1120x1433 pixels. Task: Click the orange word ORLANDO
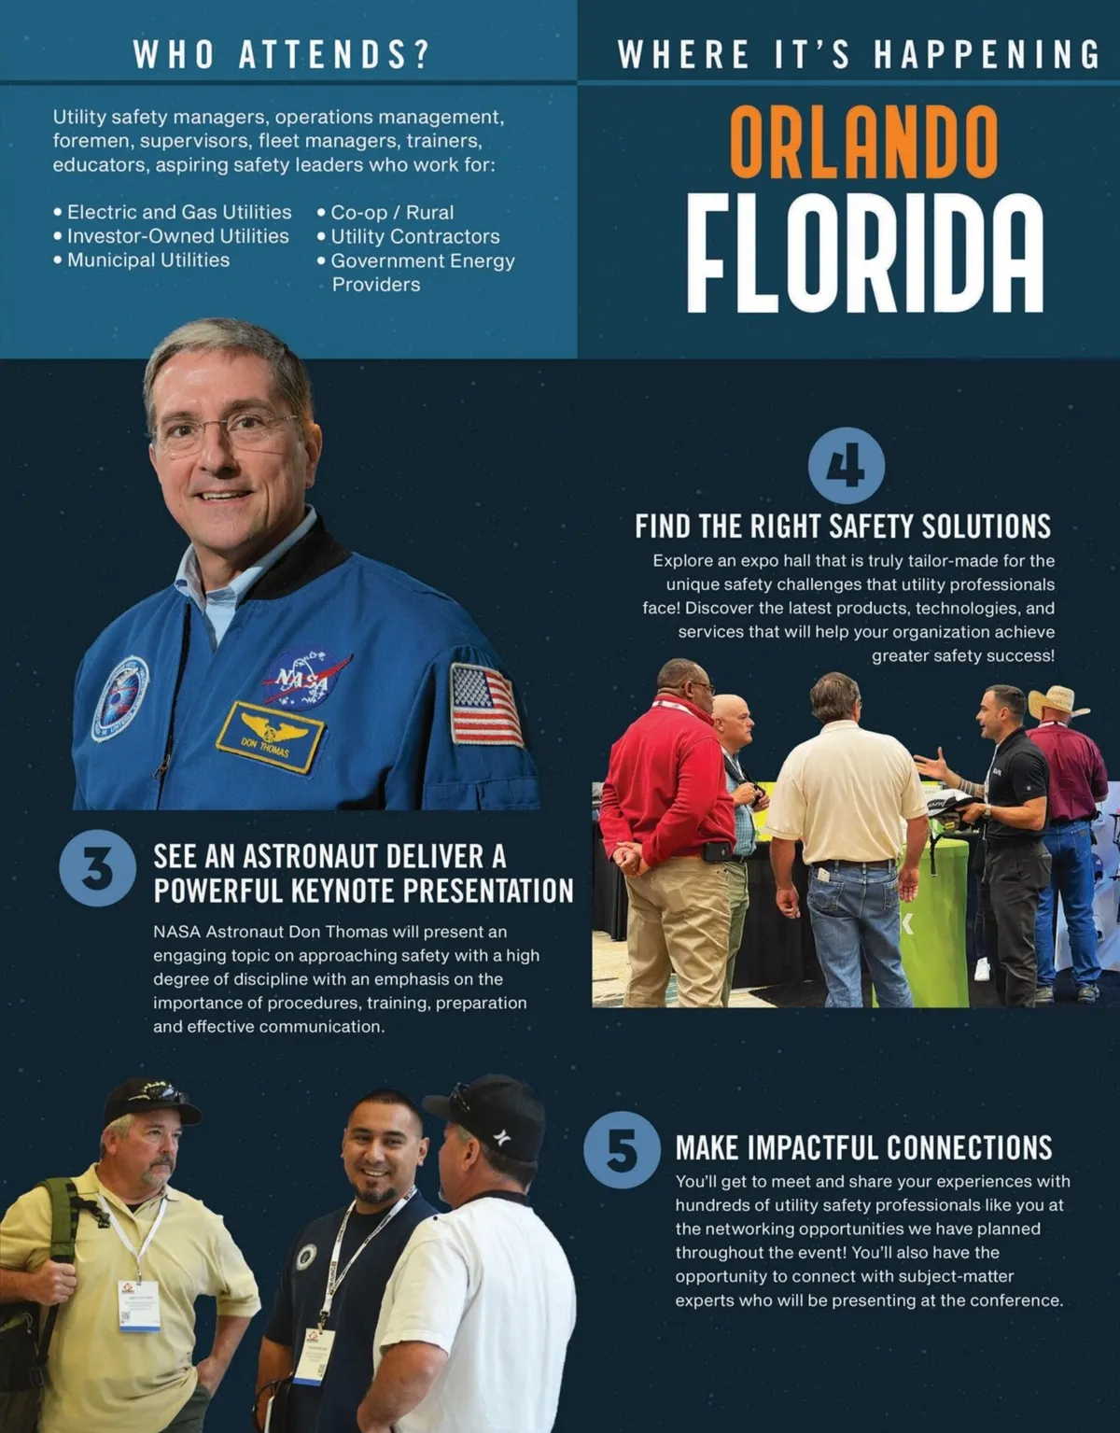(x=863, y=142)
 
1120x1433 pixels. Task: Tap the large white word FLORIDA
(x=863, y=254)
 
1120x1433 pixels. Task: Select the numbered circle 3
(x=97, y=868)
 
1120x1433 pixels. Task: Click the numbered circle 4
(x=846, y=465)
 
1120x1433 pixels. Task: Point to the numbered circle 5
(x=622, y=1149)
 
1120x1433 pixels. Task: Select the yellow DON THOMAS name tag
(x=269, y=738)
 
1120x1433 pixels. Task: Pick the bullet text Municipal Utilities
(x=147, y=260)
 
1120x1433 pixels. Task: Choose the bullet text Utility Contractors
(x=414, y=237)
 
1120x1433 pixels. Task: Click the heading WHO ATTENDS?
(x=281, y=54)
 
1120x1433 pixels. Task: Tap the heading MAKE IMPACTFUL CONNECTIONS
(x=863, y=1147)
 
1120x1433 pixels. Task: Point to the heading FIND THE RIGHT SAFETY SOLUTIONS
(x=843, y=527)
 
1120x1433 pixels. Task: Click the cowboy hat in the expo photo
(x=1057, y=701)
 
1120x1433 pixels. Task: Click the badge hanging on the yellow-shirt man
(x=138, y=1303)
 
